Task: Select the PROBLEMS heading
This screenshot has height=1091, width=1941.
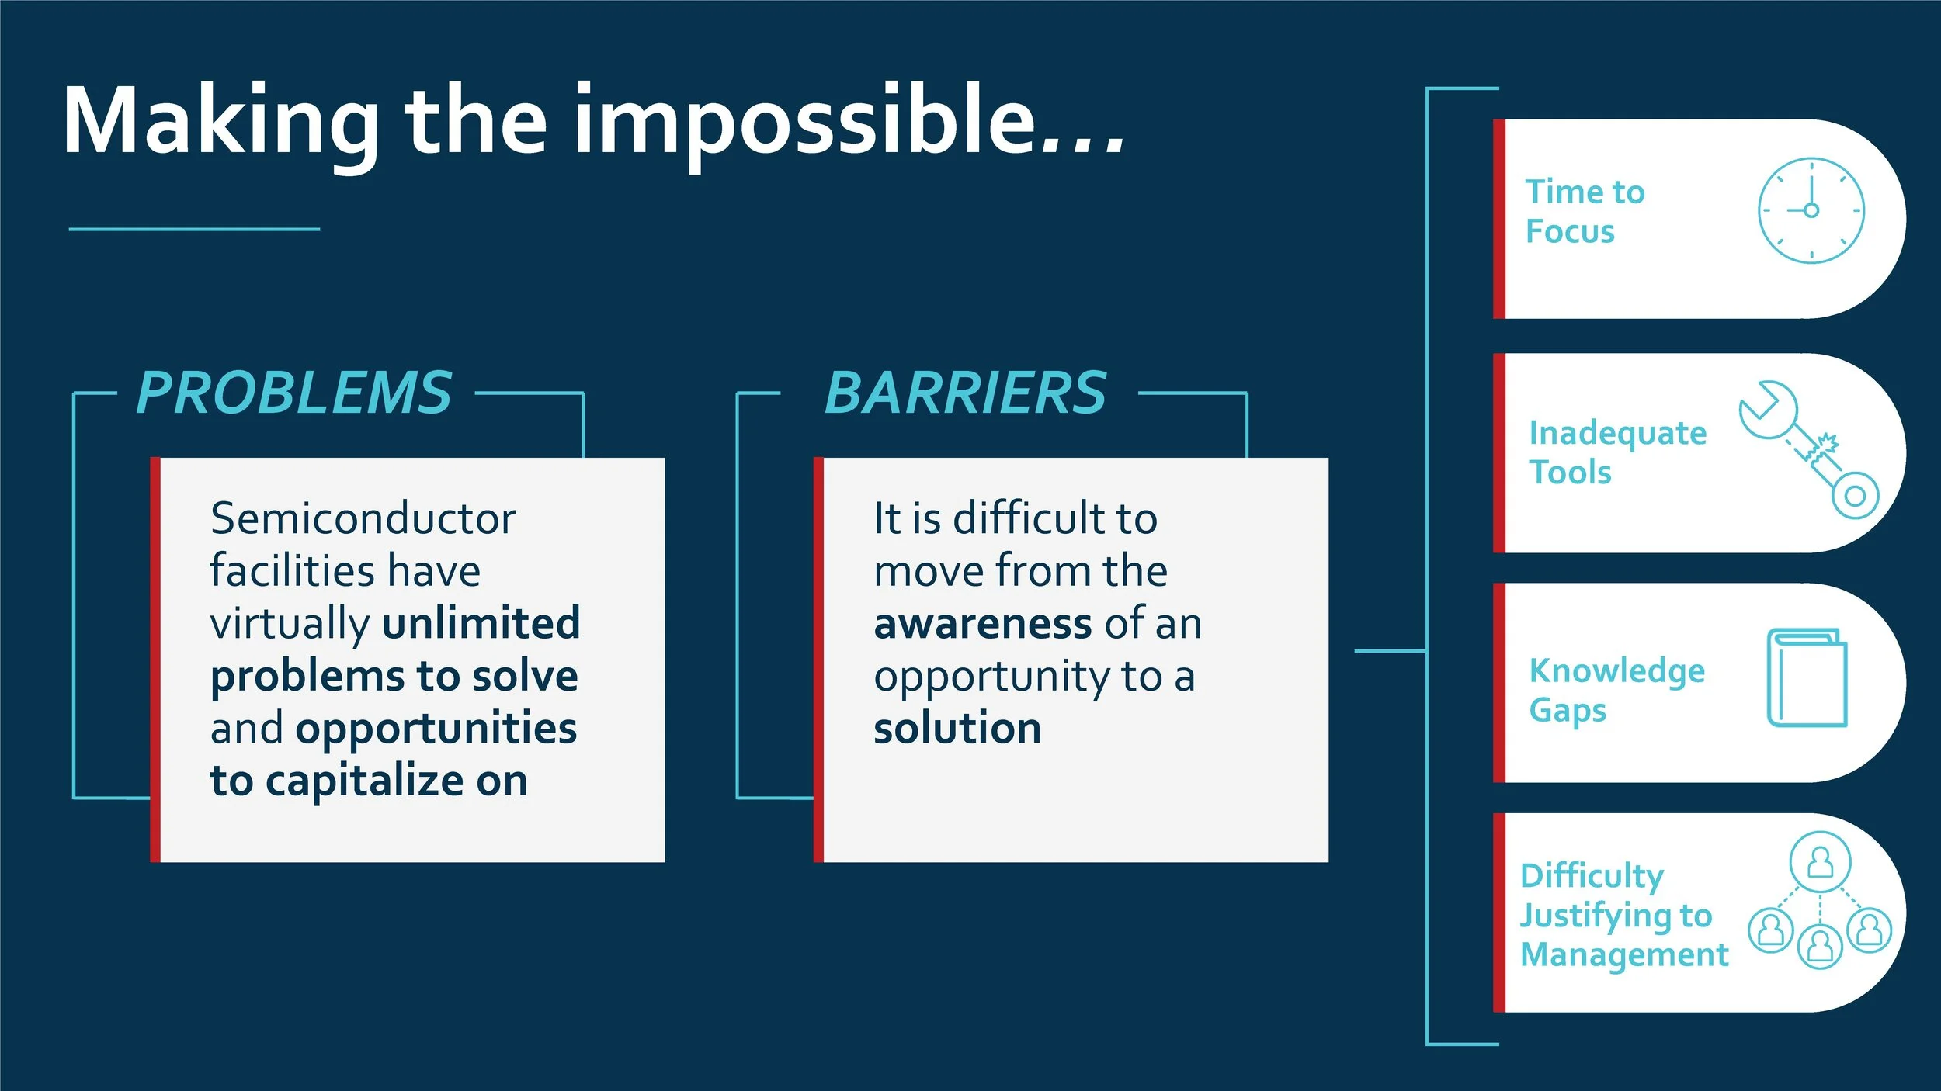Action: point(294,393)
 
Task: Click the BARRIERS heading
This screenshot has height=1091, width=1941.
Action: point(965,393)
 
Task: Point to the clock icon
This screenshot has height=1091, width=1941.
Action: point(1811,210)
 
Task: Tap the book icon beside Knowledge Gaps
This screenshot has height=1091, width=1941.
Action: point(1807,677)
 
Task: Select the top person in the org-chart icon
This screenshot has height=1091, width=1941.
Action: point(1820,861)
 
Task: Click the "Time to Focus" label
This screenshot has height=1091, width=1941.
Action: point(1584,211)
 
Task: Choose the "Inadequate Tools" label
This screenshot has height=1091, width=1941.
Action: point(1616,452)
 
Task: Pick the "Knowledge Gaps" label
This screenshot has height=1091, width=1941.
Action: point(1616,690)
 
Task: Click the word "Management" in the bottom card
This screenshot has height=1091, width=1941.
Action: point(1623,954)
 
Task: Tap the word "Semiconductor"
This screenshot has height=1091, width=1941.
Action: point(363,518)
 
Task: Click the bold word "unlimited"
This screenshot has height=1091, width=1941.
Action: point(481,622)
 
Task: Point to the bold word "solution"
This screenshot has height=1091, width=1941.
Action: point(957,729)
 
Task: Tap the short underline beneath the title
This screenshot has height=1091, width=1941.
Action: point(194,229)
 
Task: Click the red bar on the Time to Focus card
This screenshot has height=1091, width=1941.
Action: point(1498,219)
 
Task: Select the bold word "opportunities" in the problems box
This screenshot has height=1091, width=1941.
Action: point(436,729)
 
